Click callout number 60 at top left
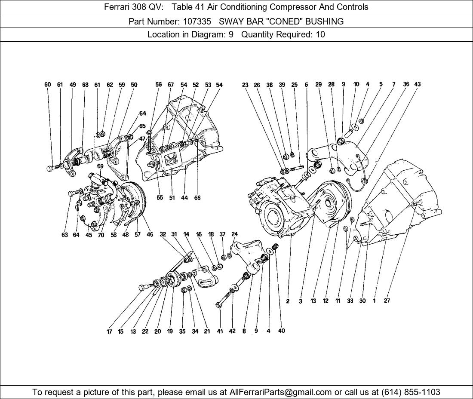(48, 84)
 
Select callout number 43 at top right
(417, 84)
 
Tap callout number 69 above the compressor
(100, 166)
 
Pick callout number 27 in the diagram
(387, 301)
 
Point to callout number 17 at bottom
(109, 332)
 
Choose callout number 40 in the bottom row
(282, 331)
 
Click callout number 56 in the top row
(158, 84)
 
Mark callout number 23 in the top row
(245, 85)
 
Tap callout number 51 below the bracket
(172, 198)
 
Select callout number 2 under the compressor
(288, 301)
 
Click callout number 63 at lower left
(64, 235)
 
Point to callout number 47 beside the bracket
(142, 139)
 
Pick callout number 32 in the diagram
(163, 234)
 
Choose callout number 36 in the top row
(406, 84)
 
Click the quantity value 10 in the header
(320, 34)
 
